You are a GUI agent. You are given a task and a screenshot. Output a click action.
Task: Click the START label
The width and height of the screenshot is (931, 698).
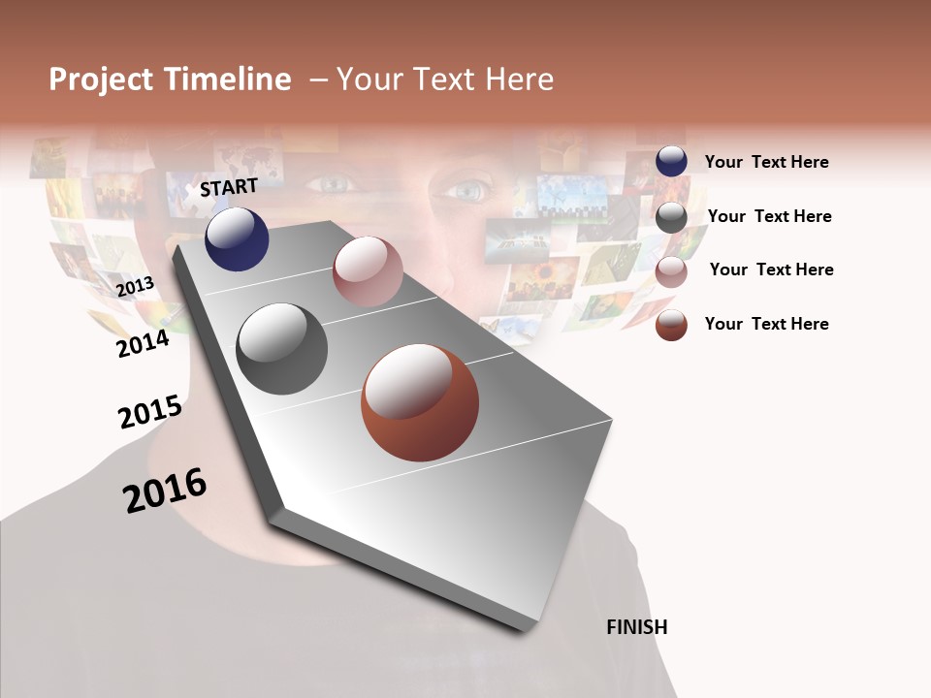click(229, 187)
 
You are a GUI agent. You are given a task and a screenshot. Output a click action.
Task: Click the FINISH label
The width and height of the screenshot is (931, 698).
click(636, 627)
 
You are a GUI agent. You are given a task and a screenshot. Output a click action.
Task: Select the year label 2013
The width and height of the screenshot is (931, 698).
click(136, 286)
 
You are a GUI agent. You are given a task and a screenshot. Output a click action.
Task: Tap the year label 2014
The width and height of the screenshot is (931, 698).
click(143, 343)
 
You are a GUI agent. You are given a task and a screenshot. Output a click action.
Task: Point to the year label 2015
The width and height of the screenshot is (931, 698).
click(150, 413)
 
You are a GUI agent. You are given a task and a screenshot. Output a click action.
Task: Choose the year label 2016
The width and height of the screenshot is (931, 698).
click(165, 491)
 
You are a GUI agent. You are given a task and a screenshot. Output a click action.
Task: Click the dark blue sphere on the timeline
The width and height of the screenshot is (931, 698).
click(237, 239)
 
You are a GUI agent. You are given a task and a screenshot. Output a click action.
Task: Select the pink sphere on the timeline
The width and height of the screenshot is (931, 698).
click(368, 271)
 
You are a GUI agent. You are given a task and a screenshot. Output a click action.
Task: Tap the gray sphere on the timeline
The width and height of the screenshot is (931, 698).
click(281, 349)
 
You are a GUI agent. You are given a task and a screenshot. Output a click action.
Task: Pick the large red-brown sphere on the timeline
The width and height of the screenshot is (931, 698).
click(420, 402)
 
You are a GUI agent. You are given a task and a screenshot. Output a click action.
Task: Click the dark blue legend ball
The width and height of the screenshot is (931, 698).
click(671, 161)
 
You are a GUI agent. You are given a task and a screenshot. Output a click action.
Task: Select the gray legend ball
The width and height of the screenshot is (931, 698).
click(671, 217)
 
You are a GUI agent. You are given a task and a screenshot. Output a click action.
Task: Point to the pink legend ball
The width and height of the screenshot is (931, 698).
click(671, 271)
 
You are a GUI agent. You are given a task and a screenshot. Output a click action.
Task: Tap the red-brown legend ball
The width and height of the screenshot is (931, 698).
click(671, 325)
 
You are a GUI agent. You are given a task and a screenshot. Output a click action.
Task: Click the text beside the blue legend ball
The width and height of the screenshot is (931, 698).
click(766, 162)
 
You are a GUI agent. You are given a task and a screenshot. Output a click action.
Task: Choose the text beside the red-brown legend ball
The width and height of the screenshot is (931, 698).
click(766, 324)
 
